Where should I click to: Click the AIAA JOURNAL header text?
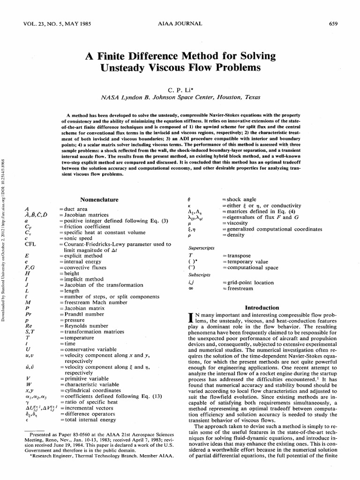(x=180, y=23)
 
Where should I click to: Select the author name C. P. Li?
(x=180, y=90)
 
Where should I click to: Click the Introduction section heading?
(x=262, y=307)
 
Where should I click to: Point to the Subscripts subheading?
(x=199, y=274)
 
